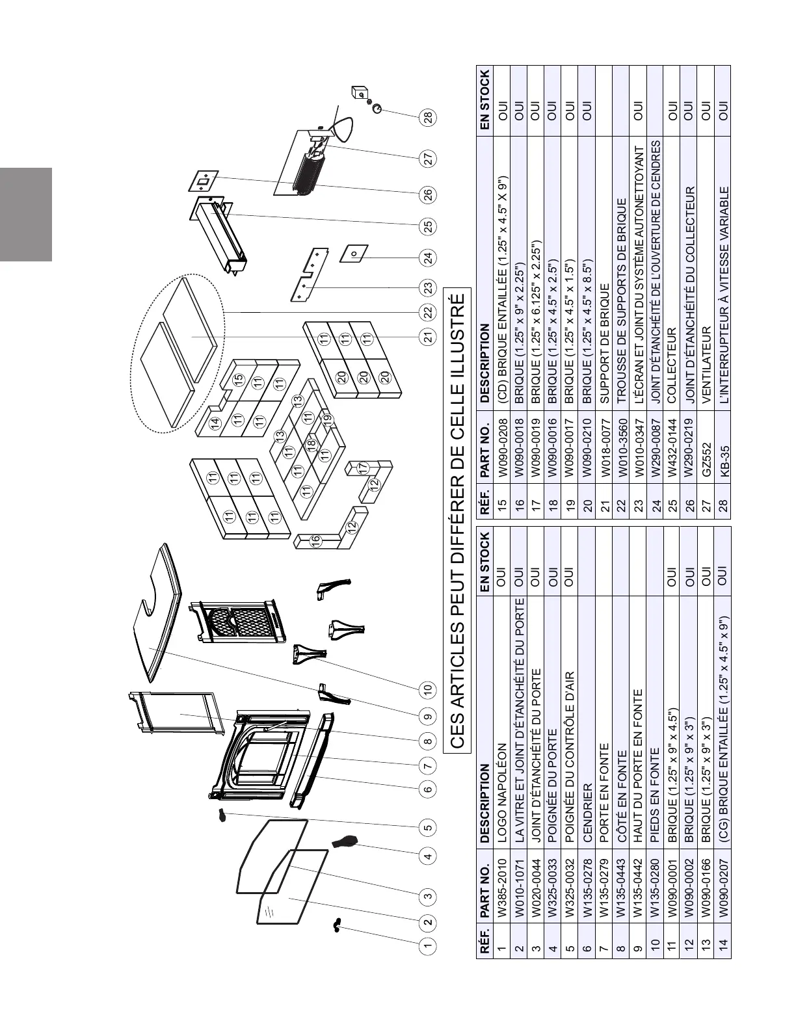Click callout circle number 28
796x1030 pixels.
(x=428, y=117)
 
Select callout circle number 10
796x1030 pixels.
(x=427, y=689)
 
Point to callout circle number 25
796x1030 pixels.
(x=428, y=226)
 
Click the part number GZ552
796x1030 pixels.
(x=705, y=469)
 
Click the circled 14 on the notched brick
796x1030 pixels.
(x=216, y=423)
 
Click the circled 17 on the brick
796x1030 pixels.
(x=364, y=468)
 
